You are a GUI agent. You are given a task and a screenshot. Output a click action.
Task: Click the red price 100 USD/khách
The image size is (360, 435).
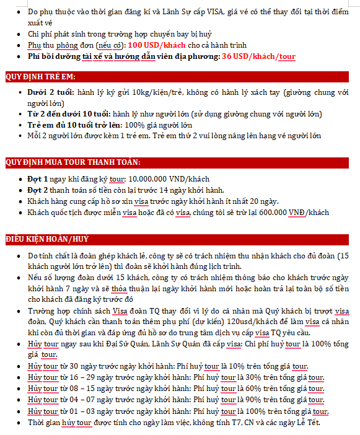point(157,45)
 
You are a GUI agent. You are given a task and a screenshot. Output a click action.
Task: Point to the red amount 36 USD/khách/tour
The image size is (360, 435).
point(258,56)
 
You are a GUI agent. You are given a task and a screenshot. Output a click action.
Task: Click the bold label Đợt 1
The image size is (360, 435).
point(39,179)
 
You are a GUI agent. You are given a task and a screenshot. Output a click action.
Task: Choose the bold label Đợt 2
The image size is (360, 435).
point(39,190)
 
